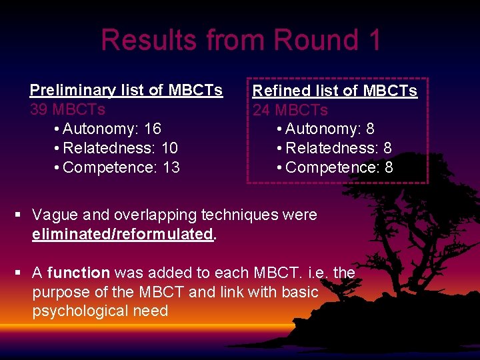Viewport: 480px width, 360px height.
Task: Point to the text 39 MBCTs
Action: pos(67,109)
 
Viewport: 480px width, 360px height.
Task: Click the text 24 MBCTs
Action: pos(290,109)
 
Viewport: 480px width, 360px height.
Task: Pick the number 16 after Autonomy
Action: pos(153,129)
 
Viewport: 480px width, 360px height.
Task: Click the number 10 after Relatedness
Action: pos(169,148)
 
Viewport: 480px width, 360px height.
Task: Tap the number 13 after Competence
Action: pos(171,167)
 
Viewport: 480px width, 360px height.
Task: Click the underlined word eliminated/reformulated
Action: pos(122,235)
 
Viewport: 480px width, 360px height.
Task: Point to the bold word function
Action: pos(79,273)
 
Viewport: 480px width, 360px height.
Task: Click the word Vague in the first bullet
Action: pos(55,215)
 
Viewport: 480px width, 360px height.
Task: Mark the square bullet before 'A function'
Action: pos(19,273)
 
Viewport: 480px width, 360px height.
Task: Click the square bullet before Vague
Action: pos(19,215)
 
